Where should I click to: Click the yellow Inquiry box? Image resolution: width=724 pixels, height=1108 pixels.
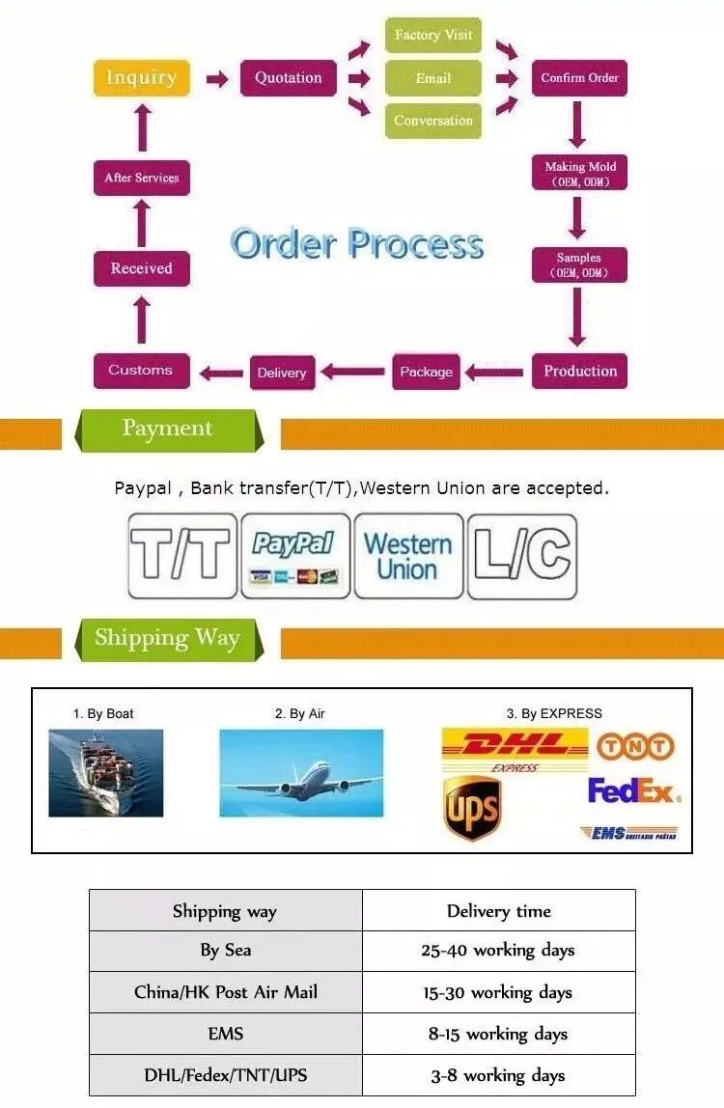141,78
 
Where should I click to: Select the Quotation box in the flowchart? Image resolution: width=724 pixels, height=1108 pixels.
289,78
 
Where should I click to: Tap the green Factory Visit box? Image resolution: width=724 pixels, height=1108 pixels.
432,35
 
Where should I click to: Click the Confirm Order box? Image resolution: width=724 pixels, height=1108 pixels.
579,78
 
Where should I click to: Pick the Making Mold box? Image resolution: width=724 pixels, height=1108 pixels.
579,173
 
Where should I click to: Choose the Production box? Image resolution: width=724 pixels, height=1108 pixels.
579,371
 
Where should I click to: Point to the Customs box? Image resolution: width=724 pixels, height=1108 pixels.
141,371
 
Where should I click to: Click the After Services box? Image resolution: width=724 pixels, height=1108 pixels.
141,178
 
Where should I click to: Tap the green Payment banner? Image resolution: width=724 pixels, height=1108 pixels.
166,429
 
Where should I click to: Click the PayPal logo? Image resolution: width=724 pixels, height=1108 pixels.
294,556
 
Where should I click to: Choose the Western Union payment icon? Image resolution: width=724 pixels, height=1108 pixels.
407,556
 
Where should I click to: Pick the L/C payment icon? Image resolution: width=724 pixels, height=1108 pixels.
521,556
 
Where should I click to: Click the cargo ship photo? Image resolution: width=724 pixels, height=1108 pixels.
106,772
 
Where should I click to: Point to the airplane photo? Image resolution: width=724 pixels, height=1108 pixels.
301,772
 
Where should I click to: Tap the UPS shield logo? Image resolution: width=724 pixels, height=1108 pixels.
471,809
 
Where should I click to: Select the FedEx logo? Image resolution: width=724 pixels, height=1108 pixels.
633,791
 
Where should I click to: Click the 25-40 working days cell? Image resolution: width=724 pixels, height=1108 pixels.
498,951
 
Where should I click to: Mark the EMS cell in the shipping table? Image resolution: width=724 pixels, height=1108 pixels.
225,1034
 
